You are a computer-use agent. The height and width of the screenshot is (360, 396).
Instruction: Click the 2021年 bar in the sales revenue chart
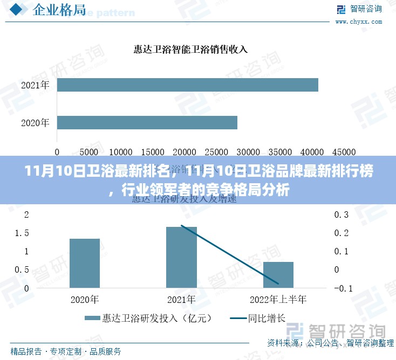tap(187, 85)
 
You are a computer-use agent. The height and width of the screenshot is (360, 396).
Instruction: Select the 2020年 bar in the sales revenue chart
tap(147, 122)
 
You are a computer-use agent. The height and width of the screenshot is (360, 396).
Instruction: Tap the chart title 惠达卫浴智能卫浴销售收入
tap(190, 50)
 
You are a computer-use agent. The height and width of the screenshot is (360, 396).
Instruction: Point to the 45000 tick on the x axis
tap(344, 153)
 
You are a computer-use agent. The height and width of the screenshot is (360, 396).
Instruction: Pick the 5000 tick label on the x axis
tap(89, 153)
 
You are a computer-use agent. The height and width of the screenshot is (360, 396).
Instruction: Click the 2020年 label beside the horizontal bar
tap(35, 123)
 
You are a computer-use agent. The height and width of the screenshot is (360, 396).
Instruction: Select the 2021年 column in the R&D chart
tap(181, 257)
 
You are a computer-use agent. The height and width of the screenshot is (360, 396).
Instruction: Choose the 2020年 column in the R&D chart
tap(85, 263)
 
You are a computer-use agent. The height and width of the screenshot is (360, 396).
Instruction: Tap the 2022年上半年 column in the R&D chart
tap(278, 274)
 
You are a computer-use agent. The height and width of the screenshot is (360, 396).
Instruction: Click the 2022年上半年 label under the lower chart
tap(278, 299)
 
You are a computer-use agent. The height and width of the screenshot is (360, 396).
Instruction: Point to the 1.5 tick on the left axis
tap(22, 233)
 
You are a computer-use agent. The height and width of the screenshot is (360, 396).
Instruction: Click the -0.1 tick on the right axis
tap(343, 288)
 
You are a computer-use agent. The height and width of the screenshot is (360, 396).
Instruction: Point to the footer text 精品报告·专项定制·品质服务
tap(66, 351)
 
